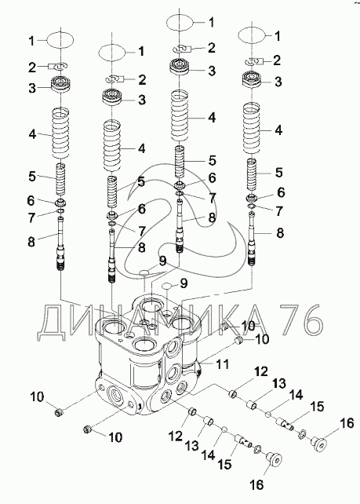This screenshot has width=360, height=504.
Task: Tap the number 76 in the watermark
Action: point(300,319)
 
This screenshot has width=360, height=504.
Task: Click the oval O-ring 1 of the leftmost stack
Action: point(60,40)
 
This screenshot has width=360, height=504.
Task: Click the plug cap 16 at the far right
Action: point(319,445)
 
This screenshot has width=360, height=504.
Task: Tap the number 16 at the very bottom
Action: point(256,484)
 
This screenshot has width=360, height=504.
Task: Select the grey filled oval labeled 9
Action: point(144,273)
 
